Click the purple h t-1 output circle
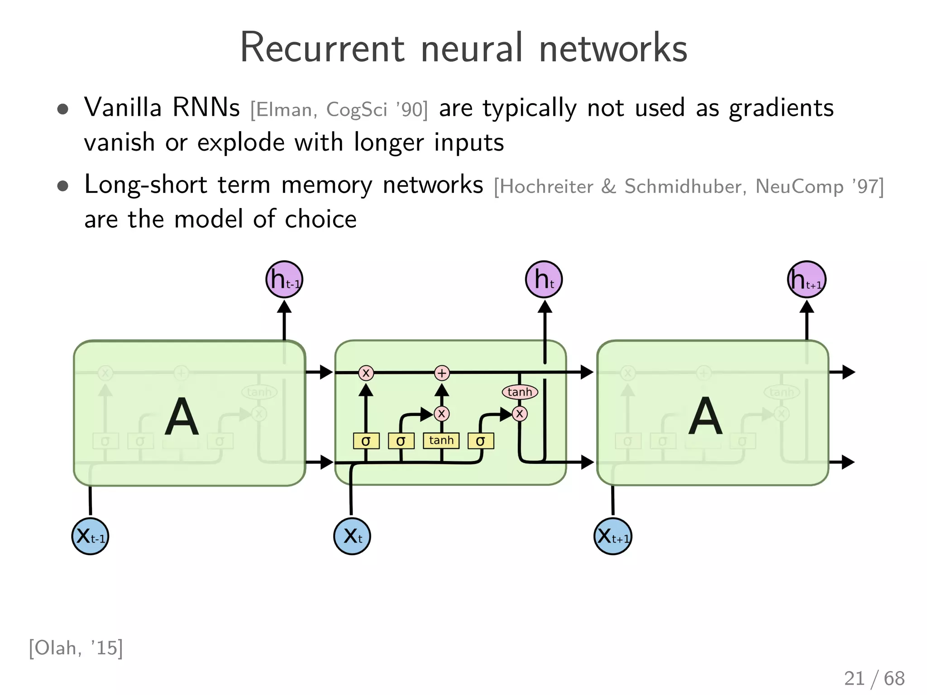point(284,279)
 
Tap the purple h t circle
point(544,279)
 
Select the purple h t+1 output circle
point(807,279)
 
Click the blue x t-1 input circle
point(90,536)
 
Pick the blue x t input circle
point(352,536)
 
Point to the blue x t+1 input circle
point(612,536)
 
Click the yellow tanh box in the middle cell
point(441,440)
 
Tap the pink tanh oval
point(520,392)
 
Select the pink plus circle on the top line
point(442,373)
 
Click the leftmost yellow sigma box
point(366,441)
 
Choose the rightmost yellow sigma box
point(480,441)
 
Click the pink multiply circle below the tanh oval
point(520,413)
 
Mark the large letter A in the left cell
point(182,417)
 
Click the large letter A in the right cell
point(705,417)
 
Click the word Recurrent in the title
point(322,48)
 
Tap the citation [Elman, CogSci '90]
point(339,110)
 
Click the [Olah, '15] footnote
point(76,648)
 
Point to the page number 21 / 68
point(874,678)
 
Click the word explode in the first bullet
point(241,143)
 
